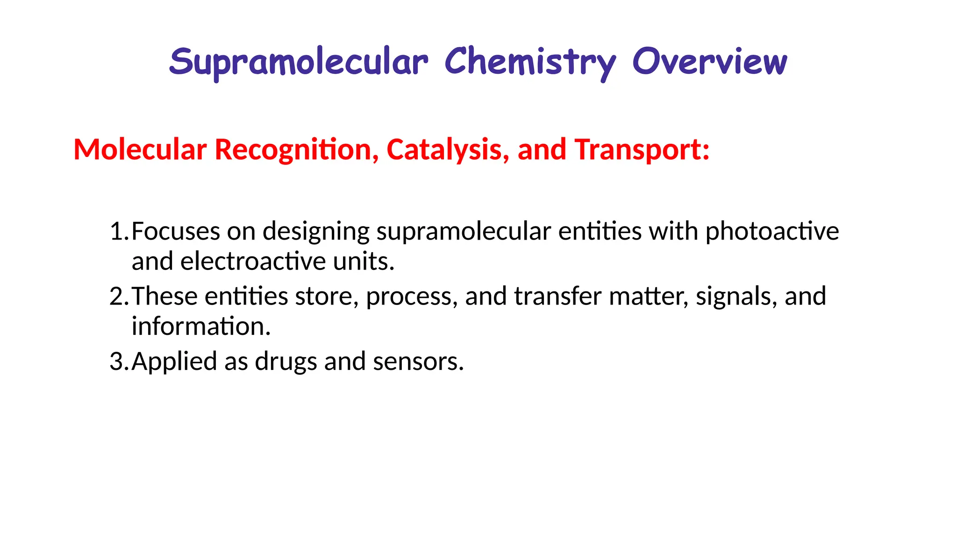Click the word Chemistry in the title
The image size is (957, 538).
coord(530,63)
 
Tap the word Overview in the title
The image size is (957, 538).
coord(709,62)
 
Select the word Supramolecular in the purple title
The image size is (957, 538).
coord(298,63)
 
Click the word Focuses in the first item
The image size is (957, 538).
coord(176,232)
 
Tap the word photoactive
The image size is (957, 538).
coord(772,232)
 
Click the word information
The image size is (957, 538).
coord(201,326)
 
